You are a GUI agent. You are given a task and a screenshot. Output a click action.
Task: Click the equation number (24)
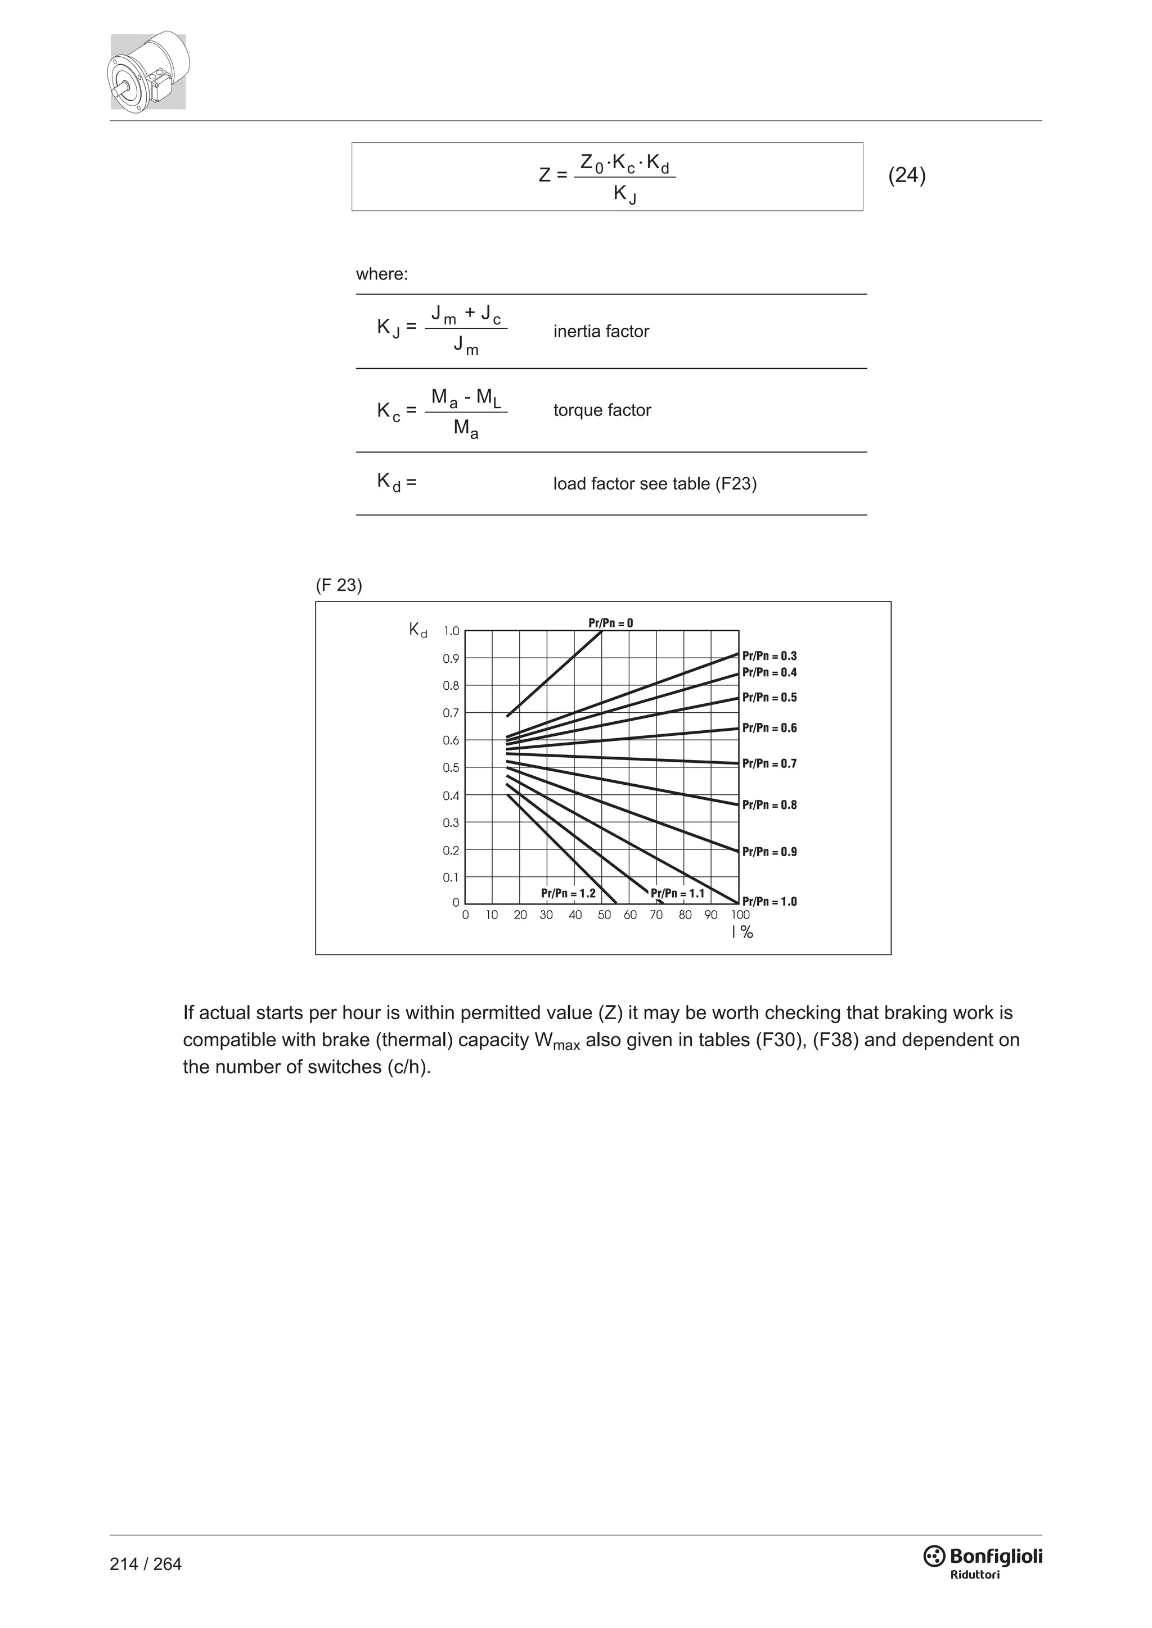(907, 176)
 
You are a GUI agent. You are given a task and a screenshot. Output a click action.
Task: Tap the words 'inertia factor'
(601, 331)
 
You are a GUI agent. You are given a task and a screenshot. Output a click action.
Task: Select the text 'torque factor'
(601, 410)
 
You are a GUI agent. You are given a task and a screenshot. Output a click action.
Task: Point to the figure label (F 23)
(339, 585)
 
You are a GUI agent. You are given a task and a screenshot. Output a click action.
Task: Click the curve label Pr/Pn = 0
(610, 623)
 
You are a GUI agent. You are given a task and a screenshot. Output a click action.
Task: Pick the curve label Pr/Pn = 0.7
(769, 763)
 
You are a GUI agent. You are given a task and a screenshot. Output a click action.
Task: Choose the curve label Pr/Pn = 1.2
(568, 893)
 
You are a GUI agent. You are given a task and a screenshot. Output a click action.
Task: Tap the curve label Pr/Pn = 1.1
(677, 893)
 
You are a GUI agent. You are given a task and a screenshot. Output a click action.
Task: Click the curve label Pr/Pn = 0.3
(769, 656)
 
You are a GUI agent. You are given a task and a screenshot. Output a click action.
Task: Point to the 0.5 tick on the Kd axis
(451, 768)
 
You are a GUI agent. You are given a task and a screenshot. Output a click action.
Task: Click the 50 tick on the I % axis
(604, 915)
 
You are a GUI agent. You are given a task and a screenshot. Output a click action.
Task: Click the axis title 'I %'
(742, 933)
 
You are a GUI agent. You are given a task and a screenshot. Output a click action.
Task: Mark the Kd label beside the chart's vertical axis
(418, 630)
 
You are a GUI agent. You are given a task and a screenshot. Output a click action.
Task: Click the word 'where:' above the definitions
(381, 274)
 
